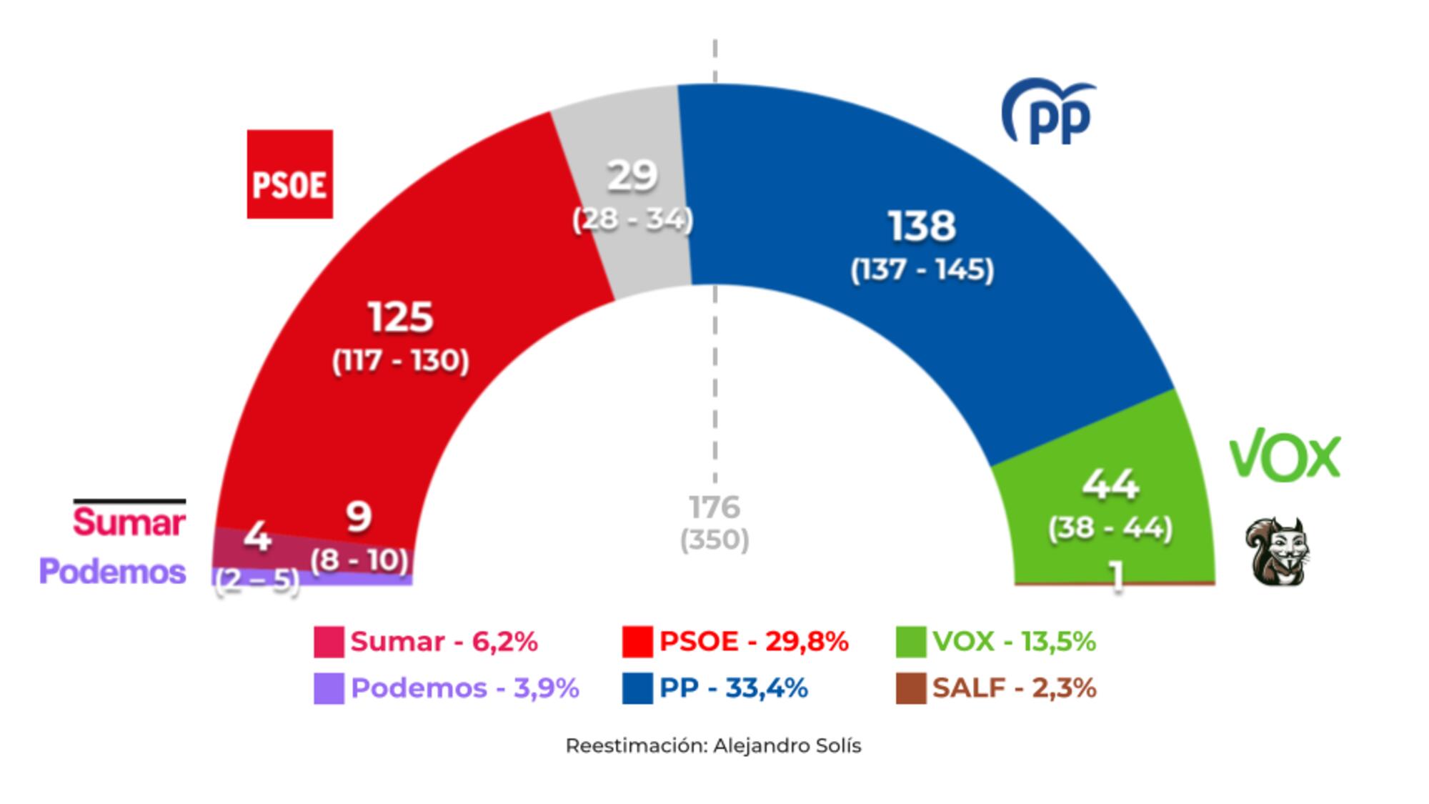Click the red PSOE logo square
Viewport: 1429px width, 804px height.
tap(289, 174)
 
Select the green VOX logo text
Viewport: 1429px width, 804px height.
tap(1284, 455)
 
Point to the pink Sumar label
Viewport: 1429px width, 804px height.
tap(129, 522)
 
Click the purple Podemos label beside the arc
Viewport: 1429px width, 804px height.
tap(113, 572)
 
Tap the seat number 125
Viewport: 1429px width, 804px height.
tap(400, 317)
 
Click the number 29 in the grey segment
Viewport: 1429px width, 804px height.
tap(632, 175)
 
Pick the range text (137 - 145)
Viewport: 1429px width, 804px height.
tap(922, 270)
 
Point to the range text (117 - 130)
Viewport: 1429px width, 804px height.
tap(400, 360)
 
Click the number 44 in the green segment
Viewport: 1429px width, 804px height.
tap(1110, 484)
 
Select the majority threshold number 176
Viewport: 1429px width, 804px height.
tap(714, 507)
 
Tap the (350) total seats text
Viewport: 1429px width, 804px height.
tap(714, 540)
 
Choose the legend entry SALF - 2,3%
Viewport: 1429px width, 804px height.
tap(1013, 688)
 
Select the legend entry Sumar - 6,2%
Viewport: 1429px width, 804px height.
tap(443, 641)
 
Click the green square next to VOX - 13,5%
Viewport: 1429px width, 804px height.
tap(911, 641)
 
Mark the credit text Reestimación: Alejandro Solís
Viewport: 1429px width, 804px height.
tap(713, 745)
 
